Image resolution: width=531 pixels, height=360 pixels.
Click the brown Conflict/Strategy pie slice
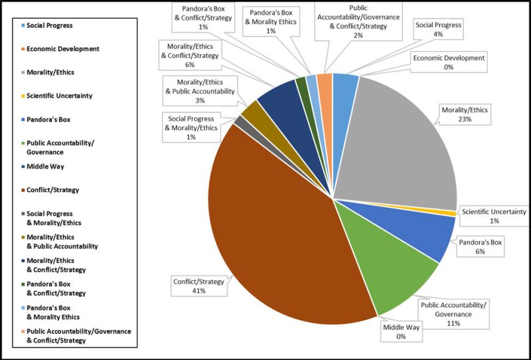click(x=279, y=232)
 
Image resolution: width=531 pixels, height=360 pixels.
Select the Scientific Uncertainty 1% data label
click(x=494, y=217)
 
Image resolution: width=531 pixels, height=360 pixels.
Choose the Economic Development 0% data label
click(x=449, y=62)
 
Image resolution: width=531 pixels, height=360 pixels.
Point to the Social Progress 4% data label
click(x=438, y=29)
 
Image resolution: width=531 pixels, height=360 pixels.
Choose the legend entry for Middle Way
click(x=50, y=167)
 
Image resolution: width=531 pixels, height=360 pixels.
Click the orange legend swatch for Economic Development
click(x=23, y=49)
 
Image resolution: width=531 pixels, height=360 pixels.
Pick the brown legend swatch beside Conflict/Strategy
click(x=23, y=190)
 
